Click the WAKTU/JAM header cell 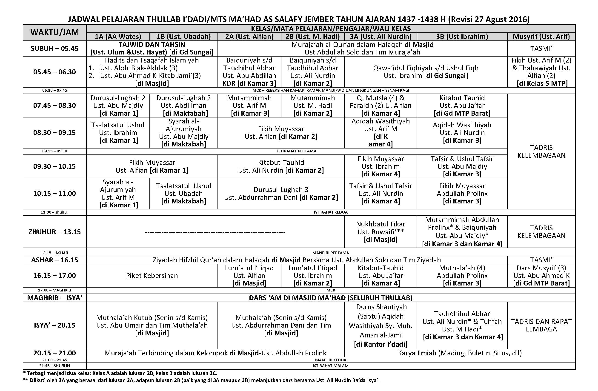pos(54,32)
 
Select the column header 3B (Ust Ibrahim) pos(462,37)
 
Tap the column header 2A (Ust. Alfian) pos(249,37)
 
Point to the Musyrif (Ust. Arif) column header pos(541,37)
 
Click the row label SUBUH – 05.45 pos(54,49)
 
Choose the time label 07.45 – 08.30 pos(54,106)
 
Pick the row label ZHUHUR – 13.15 pos(54,232)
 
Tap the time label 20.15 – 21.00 pos(54,353)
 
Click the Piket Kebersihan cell pos(152,276)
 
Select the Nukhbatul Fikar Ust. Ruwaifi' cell pos(381,232)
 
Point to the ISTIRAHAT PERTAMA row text pos(297,151)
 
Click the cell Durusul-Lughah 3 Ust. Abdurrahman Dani pos(281,194)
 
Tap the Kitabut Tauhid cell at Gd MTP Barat pos(462,106)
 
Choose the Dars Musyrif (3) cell pos(541,276)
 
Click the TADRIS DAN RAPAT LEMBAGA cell pos(541,325)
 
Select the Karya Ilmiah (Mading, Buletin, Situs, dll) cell pos(460,353)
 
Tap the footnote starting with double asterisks pos(201,380)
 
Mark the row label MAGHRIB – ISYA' pos(54,298)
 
